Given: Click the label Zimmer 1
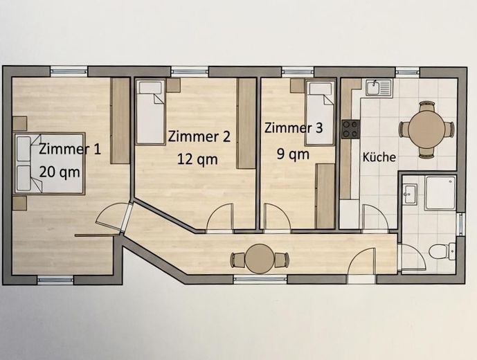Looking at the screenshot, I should point(70,148).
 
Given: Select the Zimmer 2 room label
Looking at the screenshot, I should point(199,136).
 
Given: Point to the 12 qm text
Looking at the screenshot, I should point(197,159).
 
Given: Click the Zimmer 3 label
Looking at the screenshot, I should point(294,128).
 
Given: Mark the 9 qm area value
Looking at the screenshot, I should point(294,154).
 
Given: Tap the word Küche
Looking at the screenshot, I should point(379,157).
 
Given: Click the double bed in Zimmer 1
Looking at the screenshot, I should point(48,163).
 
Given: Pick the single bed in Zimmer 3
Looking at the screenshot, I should point(320,113).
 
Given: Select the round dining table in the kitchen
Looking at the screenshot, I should point(426,129).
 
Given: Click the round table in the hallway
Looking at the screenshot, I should point(260,259).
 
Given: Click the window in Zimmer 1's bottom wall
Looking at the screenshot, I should point(55,280).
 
